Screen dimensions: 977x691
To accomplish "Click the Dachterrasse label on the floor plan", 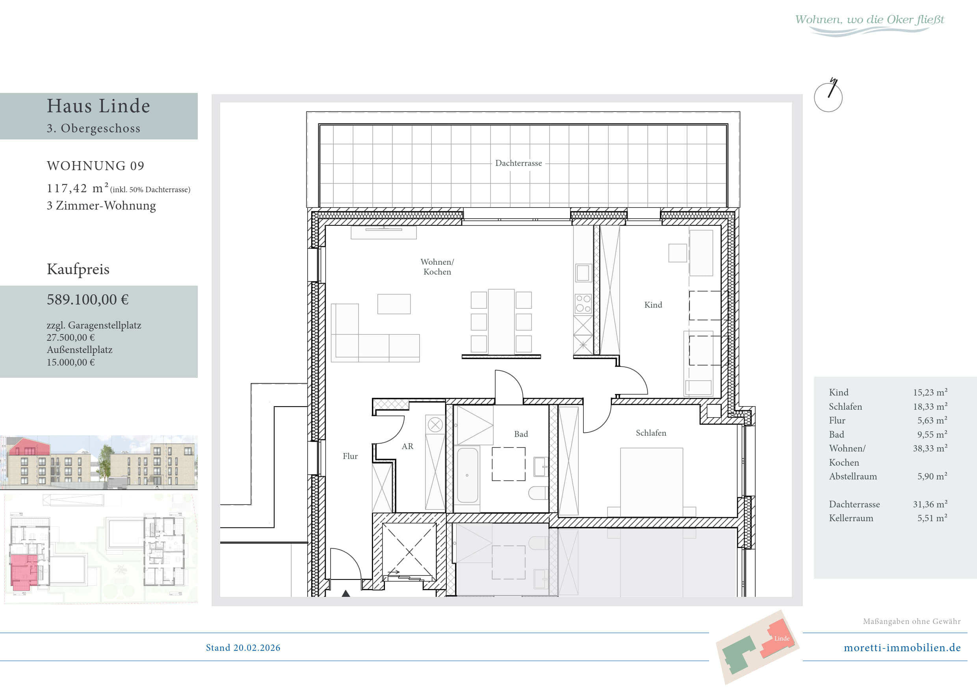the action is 518,163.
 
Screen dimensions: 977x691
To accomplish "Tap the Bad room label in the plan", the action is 521,434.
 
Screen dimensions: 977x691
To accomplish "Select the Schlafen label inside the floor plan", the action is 651,433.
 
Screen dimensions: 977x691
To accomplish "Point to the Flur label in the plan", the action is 350,456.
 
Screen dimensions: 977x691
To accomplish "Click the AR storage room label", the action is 407,446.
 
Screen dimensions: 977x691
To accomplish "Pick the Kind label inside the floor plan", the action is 653,305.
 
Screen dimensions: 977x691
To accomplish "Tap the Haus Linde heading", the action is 98,106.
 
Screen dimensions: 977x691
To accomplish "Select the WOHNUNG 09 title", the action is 96,165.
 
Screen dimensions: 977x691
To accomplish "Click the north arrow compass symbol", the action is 828,95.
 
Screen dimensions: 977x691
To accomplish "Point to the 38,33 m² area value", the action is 930,448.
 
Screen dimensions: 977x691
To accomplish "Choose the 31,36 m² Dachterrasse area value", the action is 930,504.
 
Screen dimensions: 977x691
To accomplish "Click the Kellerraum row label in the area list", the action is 851,518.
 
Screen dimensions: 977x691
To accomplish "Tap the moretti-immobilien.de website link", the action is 902,648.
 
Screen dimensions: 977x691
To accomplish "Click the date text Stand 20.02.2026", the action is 243,648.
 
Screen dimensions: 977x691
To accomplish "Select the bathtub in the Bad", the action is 467,475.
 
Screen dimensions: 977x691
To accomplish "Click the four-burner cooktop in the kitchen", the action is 583,303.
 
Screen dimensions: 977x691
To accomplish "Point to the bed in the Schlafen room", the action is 652,482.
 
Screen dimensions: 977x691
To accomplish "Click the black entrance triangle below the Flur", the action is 346,593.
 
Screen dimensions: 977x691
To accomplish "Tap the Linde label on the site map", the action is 782,638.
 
